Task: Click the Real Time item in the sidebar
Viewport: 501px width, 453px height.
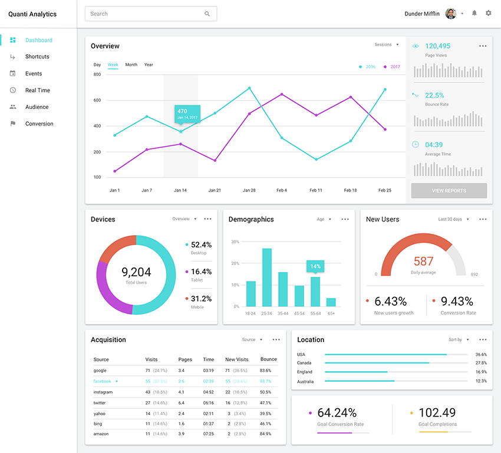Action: click(37, 90)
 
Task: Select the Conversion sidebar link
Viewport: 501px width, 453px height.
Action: click(39, 124)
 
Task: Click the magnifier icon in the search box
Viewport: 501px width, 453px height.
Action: click(207, 14)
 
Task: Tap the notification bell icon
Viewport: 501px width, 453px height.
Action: click(474, 13)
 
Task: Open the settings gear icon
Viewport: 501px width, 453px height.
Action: click(488, 13)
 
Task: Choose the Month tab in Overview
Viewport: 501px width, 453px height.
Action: click(131, 65)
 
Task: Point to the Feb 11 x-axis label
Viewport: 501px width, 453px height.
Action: click(316, 190)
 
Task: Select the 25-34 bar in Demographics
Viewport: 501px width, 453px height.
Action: click(267, 277)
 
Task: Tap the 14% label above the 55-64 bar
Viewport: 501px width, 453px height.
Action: click(315, 266)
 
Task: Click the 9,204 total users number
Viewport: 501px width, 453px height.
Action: click(136, 272)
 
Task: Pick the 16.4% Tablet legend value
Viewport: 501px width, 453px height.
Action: click(201, 272)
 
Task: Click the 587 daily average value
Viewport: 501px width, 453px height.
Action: click(423, 261)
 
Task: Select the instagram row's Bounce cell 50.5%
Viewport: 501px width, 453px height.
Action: click(265, 392)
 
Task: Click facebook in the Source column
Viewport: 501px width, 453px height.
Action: click(102, 381)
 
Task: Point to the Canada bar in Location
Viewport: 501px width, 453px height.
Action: click(377, 363)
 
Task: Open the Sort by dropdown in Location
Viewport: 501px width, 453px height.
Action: click(459, 340)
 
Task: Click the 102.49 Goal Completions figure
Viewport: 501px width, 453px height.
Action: click(438, 412)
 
